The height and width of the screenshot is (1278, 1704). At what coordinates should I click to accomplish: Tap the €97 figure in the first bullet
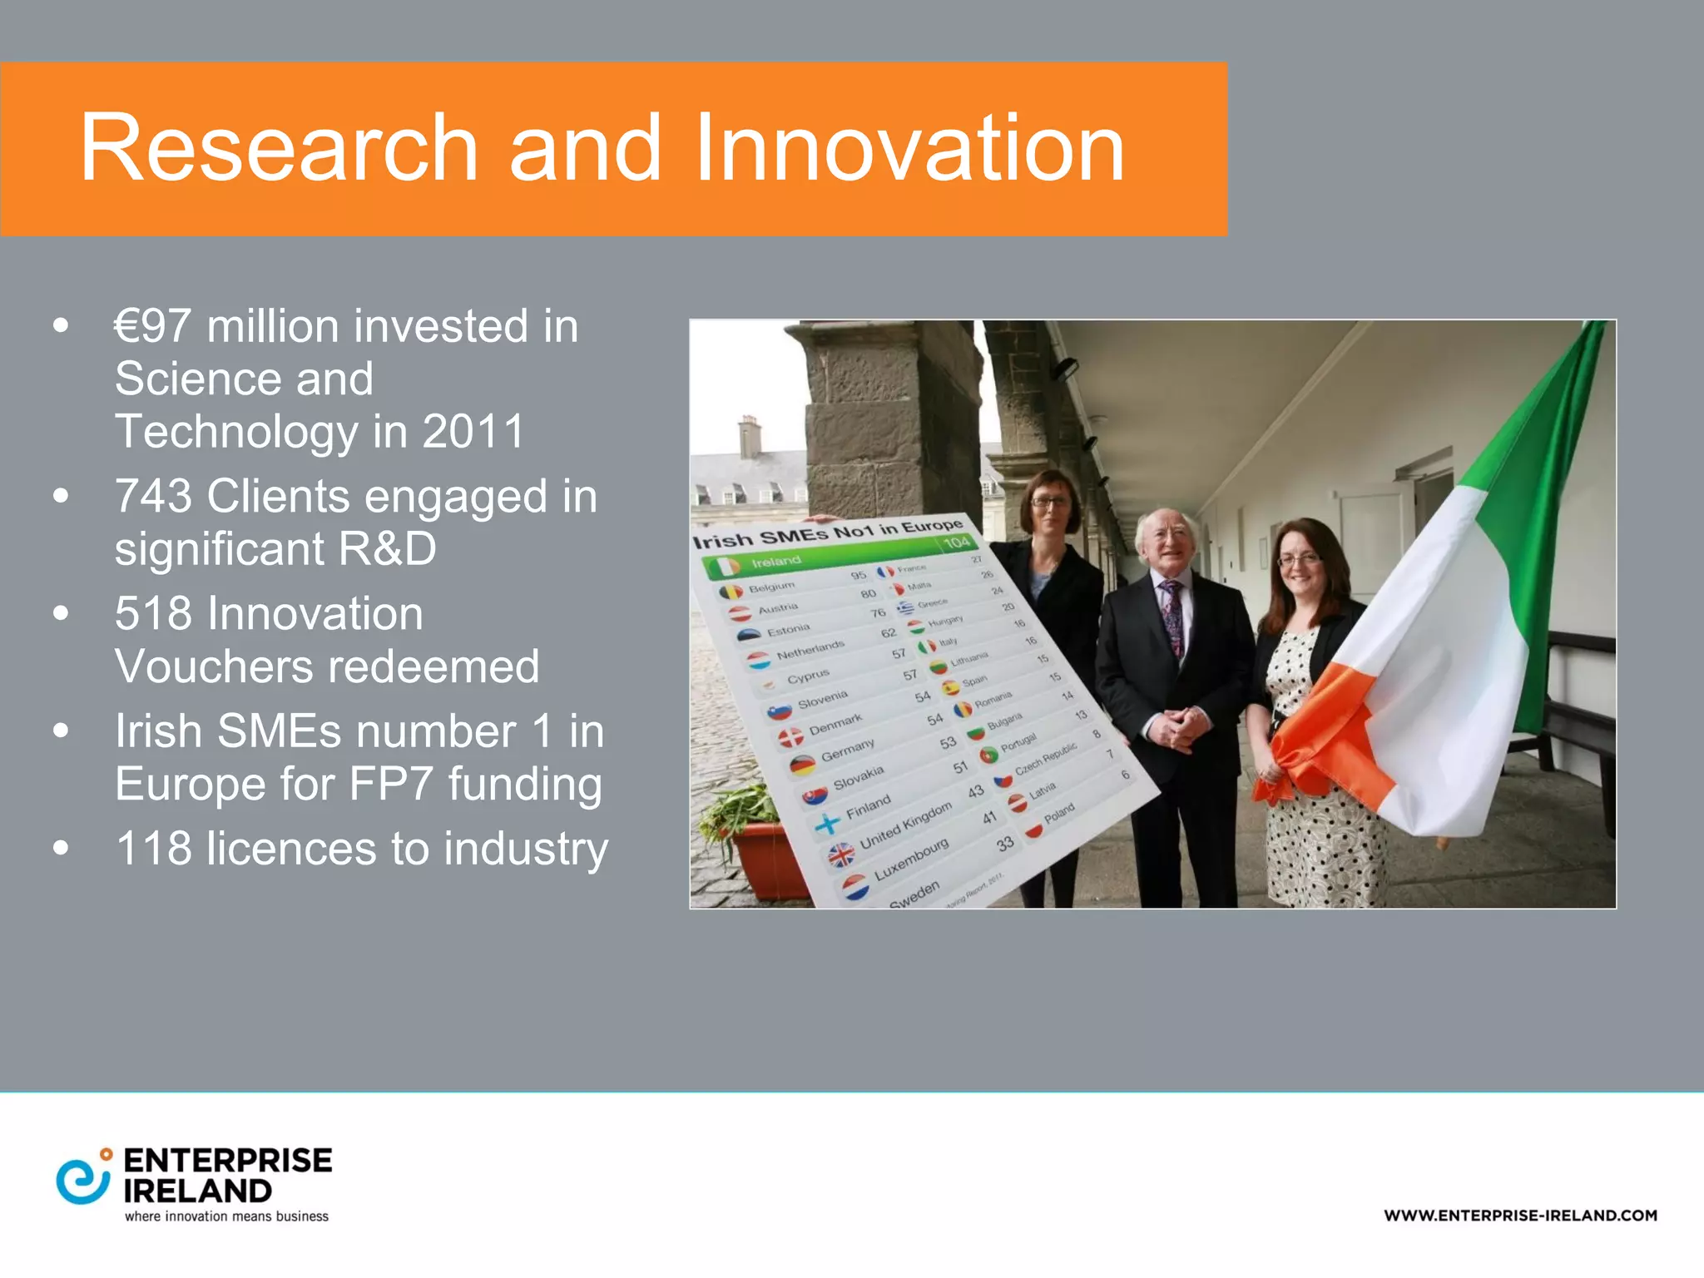point(152,326)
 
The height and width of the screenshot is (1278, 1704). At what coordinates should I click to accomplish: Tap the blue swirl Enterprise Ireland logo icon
point(82,1177)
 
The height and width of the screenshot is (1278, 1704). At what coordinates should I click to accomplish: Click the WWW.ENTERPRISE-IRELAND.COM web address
point(1520,1216)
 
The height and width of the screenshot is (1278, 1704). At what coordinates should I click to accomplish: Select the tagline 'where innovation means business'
point(226,1216)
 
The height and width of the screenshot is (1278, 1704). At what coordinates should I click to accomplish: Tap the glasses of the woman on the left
point(1049,502)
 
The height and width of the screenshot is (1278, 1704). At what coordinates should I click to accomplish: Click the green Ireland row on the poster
point(832,556)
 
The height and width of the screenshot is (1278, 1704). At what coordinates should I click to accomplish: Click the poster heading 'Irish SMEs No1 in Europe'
point(828,532)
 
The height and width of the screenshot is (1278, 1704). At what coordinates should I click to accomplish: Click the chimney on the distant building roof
point(750,436)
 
